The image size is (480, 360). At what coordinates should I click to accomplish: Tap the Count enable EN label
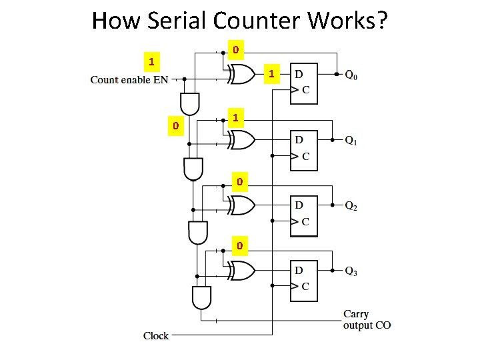click(x=129, y=80)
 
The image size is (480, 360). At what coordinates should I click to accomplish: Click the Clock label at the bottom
click(x=156, y=335)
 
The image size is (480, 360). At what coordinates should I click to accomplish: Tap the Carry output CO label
click(x=367, y=319)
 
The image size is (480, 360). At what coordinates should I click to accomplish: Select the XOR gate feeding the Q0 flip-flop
click(x=241, y=75)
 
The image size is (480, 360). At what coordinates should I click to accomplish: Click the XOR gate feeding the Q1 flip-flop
click(x=241, y=139)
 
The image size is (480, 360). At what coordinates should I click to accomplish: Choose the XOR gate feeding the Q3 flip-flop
click(x=241, y=270)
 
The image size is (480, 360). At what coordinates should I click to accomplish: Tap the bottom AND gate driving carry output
click(x=201, y=297)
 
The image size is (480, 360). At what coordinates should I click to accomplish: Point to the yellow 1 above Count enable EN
click(x=152, y=62)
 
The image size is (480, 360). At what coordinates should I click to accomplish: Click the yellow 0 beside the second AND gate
click(x=175, y=125)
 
